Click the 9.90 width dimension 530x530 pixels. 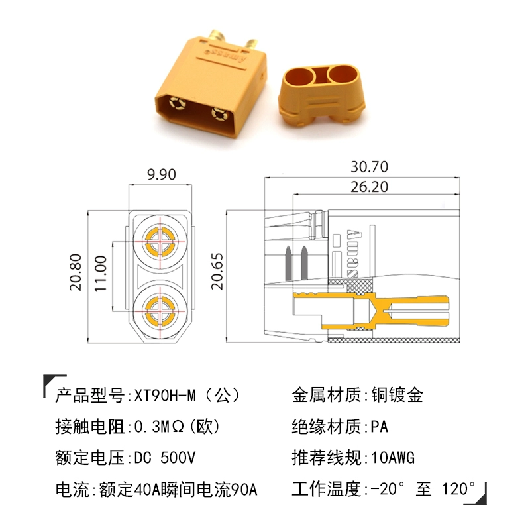pos(162,174)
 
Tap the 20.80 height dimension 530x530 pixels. pos(76,272)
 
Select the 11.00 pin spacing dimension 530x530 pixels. pos(101,274)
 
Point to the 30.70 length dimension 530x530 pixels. pos(369,167)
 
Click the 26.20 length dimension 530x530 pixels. pos(369,187)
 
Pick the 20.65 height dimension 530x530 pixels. pos(217,272)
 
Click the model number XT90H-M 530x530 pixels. pos(165,395)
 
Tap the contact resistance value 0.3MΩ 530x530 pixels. pos(159,427)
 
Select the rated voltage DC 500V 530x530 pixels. pos(165,458)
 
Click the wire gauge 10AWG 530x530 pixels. pos(393,458)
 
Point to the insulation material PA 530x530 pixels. pos(379,427)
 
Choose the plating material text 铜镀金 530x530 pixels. pos(397,395)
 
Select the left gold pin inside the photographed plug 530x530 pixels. pos(177,103)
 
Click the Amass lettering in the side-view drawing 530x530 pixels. pos(352,254)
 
